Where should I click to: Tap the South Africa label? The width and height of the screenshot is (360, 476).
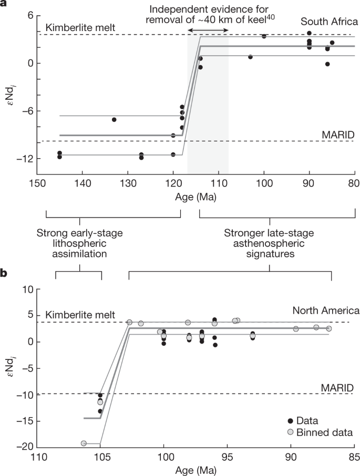point(325,23)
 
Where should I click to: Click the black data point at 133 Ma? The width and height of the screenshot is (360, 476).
point(114,120)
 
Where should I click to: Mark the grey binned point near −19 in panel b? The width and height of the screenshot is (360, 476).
point(84,443)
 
